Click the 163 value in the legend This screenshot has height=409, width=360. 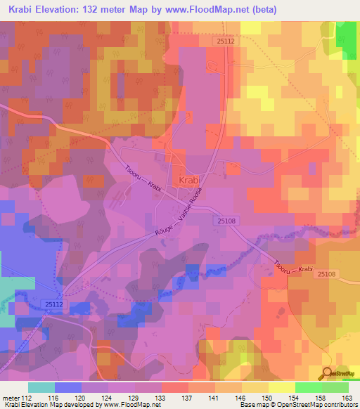click(347, 397)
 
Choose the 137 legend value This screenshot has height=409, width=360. click(187, 397)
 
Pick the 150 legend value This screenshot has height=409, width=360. click(266, 397)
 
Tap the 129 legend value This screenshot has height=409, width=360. click(160, 397)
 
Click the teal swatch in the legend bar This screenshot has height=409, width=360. click(41, 387)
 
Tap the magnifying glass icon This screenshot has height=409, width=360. click(327, 374)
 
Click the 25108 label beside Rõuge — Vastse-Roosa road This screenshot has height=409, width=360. click(224, 221)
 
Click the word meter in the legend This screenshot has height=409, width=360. click(11, 397)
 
